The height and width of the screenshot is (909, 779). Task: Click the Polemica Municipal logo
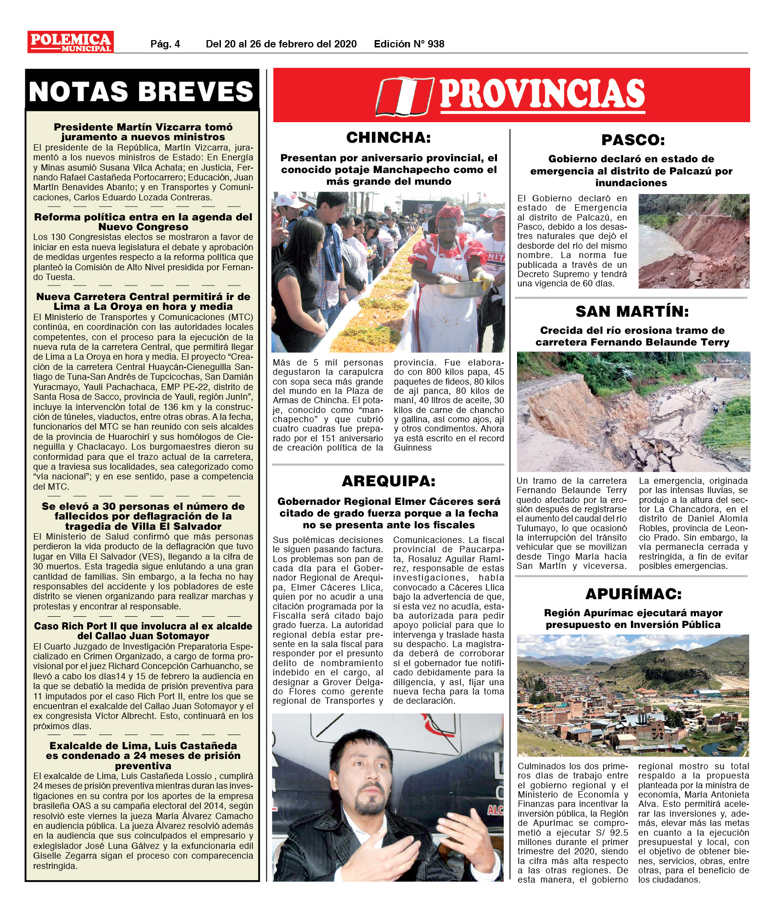[70, 42]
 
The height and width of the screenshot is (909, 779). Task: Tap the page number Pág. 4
[165, 44]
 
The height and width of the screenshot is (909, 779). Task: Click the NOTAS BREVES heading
[142, 91]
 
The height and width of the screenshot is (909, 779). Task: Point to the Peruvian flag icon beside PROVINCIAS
[404, 96]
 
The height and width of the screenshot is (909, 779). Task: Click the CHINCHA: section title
[389, 138]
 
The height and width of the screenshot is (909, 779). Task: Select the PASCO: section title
[633, 140]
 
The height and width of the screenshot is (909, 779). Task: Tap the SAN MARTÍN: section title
[632, 311]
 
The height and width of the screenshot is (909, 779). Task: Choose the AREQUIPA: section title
[389, 481]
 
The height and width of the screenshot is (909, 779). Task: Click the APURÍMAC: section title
[633, 594]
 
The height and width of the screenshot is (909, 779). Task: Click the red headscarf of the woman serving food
[449, 213]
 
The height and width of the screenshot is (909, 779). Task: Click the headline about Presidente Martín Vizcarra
[143, 132]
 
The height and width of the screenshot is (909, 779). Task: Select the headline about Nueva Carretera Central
[143, 302]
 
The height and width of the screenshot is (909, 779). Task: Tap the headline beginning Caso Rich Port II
[143, 631]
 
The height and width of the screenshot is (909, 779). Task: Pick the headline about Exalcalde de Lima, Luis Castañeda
[143, 756]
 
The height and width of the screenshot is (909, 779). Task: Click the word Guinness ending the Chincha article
[413, 448]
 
